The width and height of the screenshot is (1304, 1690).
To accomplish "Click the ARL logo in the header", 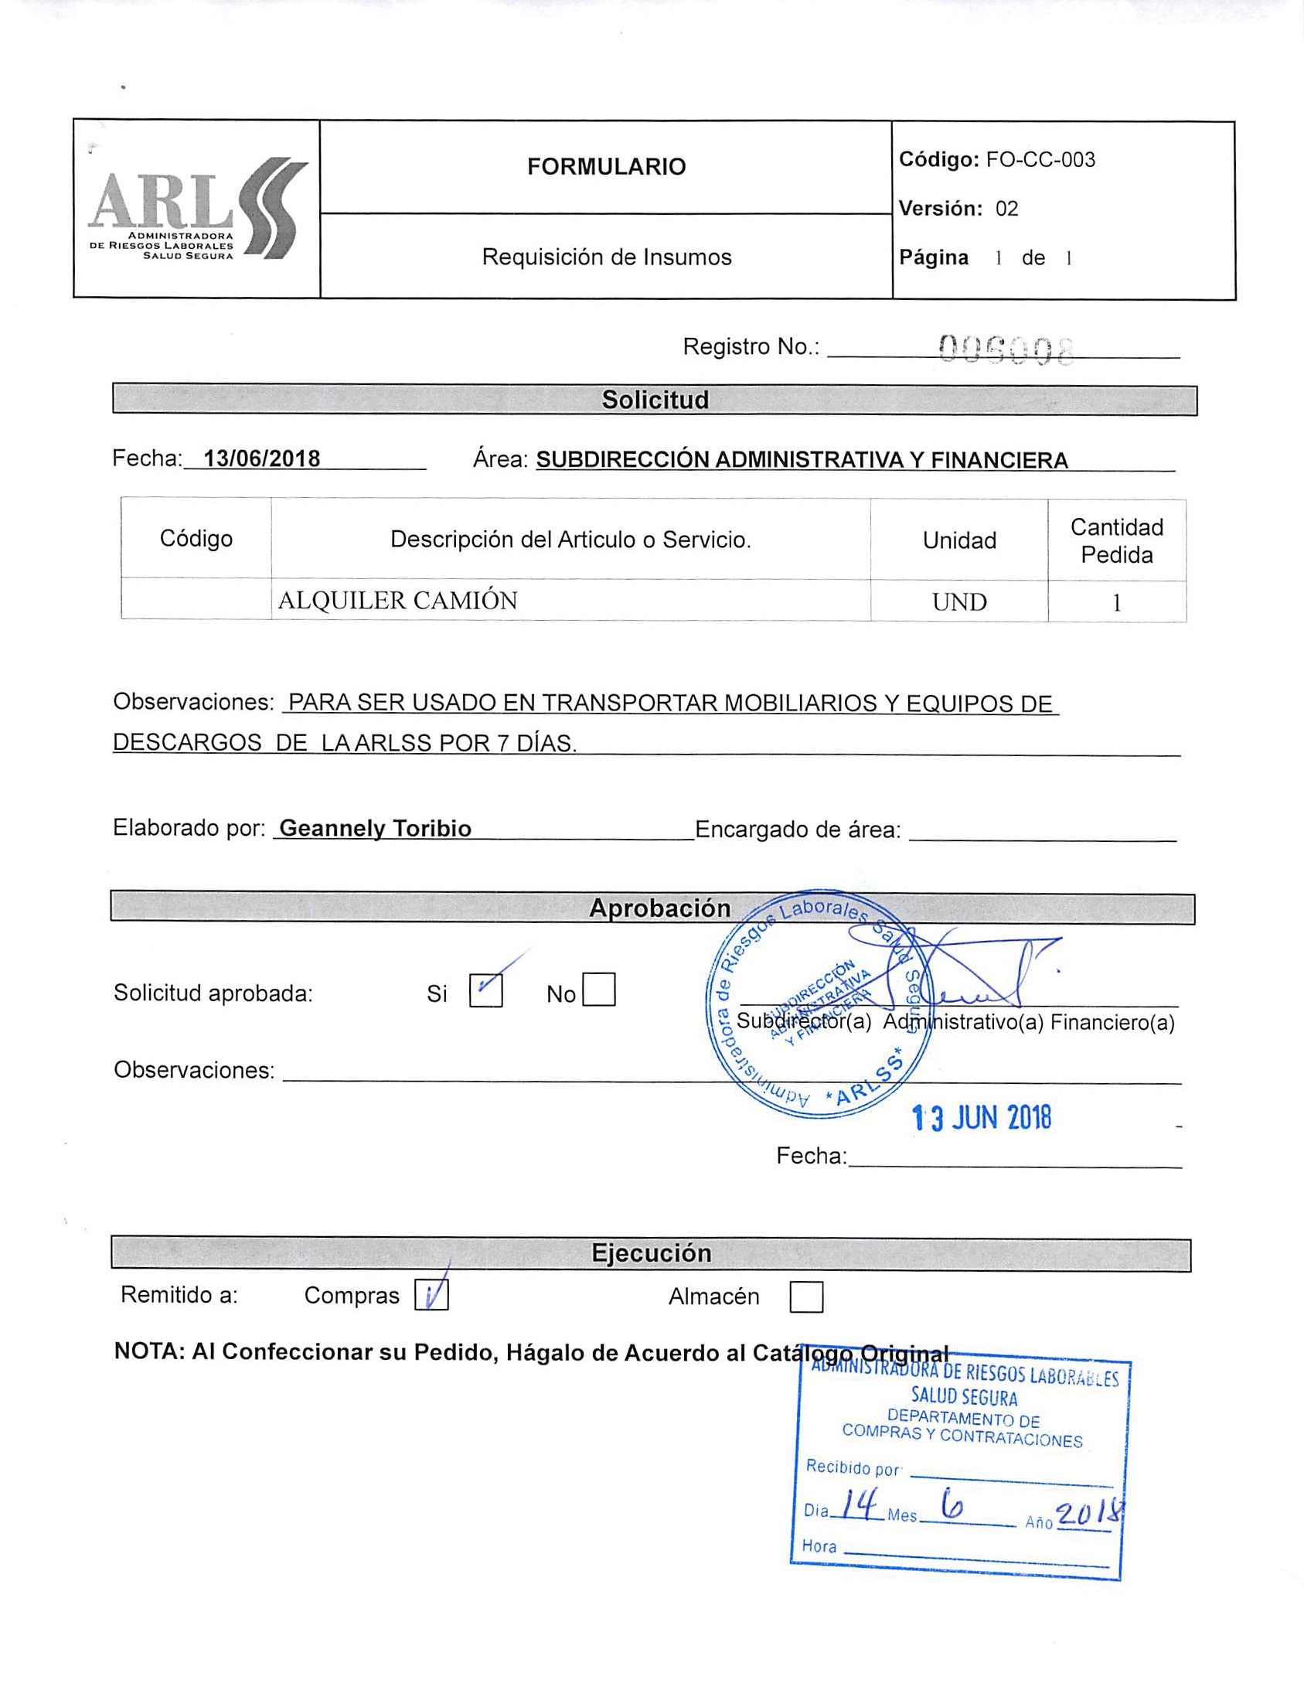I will (x=198, y=209).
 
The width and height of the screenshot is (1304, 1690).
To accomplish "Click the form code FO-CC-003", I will (x=1040, y=160).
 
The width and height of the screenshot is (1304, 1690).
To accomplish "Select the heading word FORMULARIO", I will (x=606, y=167).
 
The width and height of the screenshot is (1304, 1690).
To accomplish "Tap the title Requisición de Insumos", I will (x=606, y=257).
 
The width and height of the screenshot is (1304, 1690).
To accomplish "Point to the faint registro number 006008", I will (x=1006, y=349).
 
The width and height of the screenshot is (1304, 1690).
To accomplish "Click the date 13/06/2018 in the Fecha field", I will (x=260, y=459).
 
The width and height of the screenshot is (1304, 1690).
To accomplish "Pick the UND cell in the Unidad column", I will (x=958, y=602).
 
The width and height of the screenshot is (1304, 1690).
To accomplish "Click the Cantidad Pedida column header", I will (x=1116, y=541).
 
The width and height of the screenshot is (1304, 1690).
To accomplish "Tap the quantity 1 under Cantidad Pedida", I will (x=1116, y=603).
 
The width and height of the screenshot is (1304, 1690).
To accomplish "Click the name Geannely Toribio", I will (x=376, y=829).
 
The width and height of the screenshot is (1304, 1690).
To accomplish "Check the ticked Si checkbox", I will (x=485, y=990).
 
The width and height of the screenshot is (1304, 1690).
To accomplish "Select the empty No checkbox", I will (x=598, y=990).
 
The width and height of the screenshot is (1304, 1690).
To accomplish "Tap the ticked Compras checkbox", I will (x=431, y=1295).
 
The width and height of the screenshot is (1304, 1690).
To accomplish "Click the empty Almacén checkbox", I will (x=805, y=1297).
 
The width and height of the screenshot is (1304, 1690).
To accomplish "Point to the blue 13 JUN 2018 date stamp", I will (x=982, y=1118).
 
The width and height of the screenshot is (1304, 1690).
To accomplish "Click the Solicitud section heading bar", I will (x=654, y=400).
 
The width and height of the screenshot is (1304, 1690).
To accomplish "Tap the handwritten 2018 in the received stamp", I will (x=1088, y=1514).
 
